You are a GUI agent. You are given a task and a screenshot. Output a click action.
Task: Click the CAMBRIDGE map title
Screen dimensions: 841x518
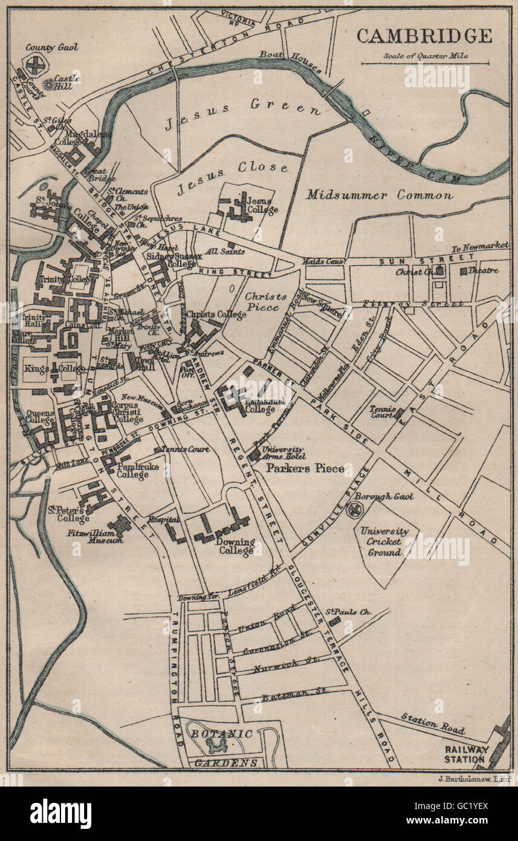coord(424,36)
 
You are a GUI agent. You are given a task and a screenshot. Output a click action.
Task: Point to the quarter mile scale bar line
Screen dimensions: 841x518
coord(424,63)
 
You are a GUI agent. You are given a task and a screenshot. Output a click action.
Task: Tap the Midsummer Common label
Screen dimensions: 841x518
coord(379,195)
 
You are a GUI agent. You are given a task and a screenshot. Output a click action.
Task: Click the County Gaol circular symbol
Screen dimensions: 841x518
coord(36,65)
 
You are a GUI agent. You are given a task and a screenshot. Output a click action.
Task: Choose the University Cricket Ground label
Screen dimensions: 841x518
coord(384,542)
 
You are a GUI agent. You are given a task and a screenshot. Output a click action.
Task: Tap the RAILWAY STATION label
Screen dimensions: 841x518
coord(465,754)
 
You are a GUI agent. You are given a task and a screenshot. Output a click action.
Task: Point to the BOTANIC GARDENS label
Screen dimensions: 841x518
coord(223,748)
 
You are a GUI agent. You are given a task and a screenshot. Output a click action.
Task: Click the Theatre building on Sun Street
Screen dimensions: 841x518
coord(464,272)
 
